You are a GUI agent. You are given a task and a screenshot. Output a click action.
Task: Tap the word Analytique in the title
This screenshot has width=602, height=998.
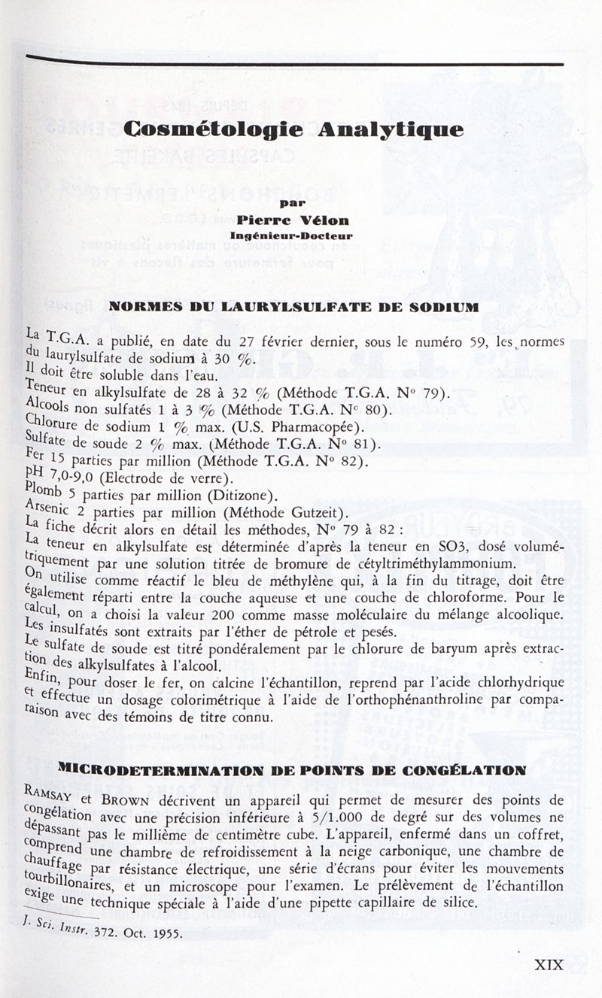390,129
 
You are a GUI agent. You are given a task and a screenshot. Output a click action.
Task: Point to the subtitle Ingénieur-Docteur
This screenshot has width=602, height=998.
292,235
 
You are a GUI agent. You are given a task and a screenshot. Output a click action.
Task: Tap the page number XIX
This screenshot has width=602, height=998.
549,965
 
